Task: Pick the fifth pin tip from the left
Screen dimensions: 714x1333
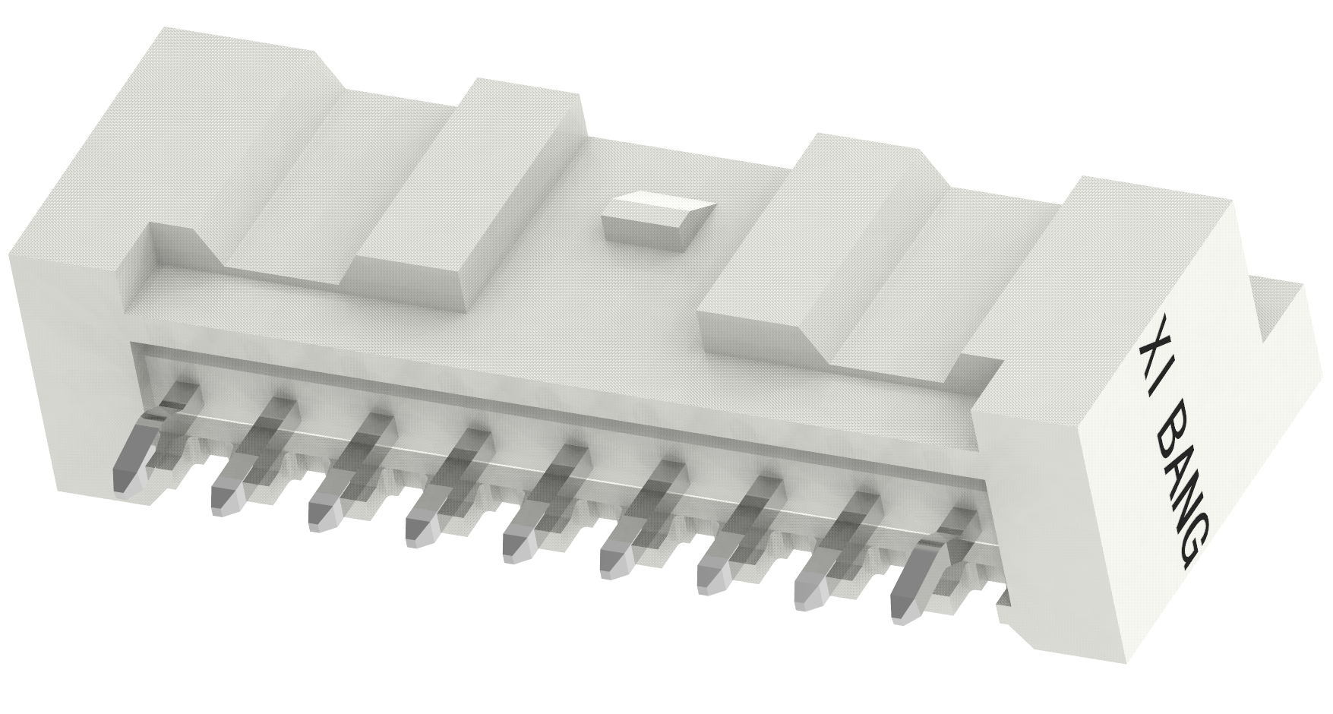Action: pyautogui.click(x=514, y=543)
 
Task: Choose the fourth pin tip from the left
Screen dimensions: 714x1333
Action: pyautogui.click(x=418, y=528)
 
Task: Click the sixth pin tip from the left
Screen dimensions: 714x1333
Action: pyautogui.click(x=611, y=561)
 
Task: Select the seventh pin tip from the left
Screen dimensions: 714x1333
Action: pyautogui.click(x=709, y=577)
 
